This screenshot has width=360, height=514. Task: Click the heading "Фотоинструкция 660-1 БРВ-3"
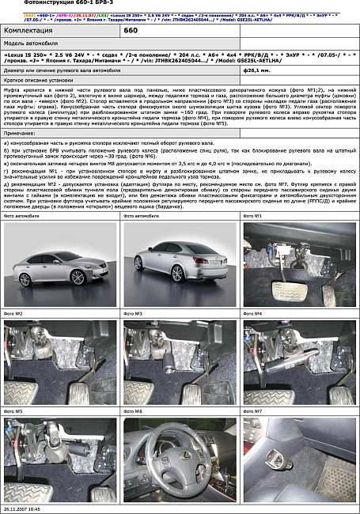(x=47, y=6)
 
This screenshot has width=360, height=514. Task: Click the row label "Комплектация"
(x=28, y=29)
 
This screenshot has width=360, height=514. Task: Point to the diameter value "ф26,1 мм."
(x=256, y=70)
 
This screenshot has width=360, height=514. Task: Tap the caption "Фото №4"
(x=253, y=314)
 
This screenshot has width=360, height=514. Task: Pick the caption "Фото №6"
(x=133, y=412)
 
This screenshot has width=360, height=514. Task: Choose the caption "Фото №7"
(x=253, y=412)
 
